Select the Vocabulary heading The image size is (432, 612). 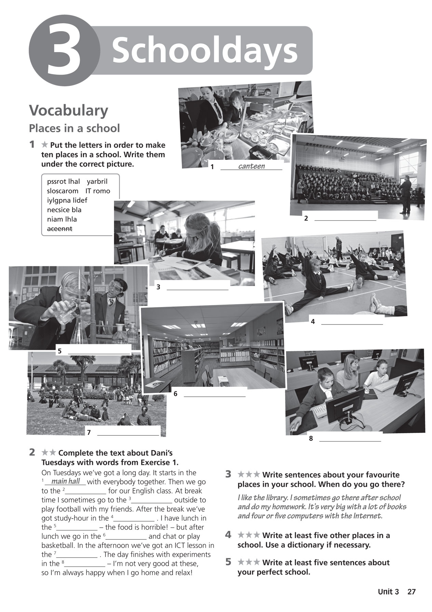coord(68,111)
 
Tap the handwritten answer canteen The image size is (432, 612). coord(251,166)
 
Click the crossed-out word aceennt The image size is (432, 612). coord(59,229)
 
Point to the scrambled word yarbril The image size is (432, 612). coord(97,181)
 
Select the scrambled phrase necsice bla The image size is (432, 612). coord(64,210)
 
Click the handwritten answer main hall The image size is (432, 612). coord(65,481)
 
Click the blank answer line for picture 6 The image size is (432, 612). coord(215,394)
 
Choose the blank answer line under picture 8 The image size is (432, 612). coord(350,439)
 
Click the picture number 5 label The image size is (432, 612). coord(60,351)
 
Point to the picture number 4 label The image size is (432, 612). coord(313,321)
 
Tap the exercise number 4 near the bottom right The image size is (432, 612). coord(228,535)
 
